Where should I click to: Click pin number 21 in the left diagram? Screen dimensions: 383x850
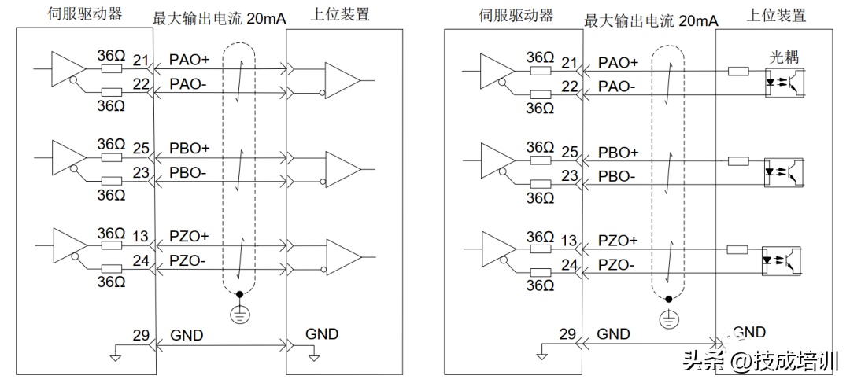click(141, 60)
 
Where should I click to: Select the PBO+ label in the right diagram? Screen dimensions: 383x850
click(619, 152)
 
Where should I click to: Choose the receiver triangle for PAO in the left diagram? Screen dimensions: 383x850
click(339, 80)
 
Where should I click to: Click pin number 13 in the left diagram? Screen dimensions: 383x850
click(141, 236)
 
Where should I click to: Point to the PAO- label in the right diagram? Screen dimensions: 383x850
click(616, 87)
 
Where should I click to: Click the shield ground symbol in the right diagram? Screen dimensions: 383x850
click(668, 319)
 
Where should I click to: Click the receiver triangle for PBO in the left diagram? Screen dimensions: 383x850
click(339, 167)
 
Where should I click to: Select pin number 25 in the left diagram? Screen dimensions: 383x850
click(141, 148)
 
